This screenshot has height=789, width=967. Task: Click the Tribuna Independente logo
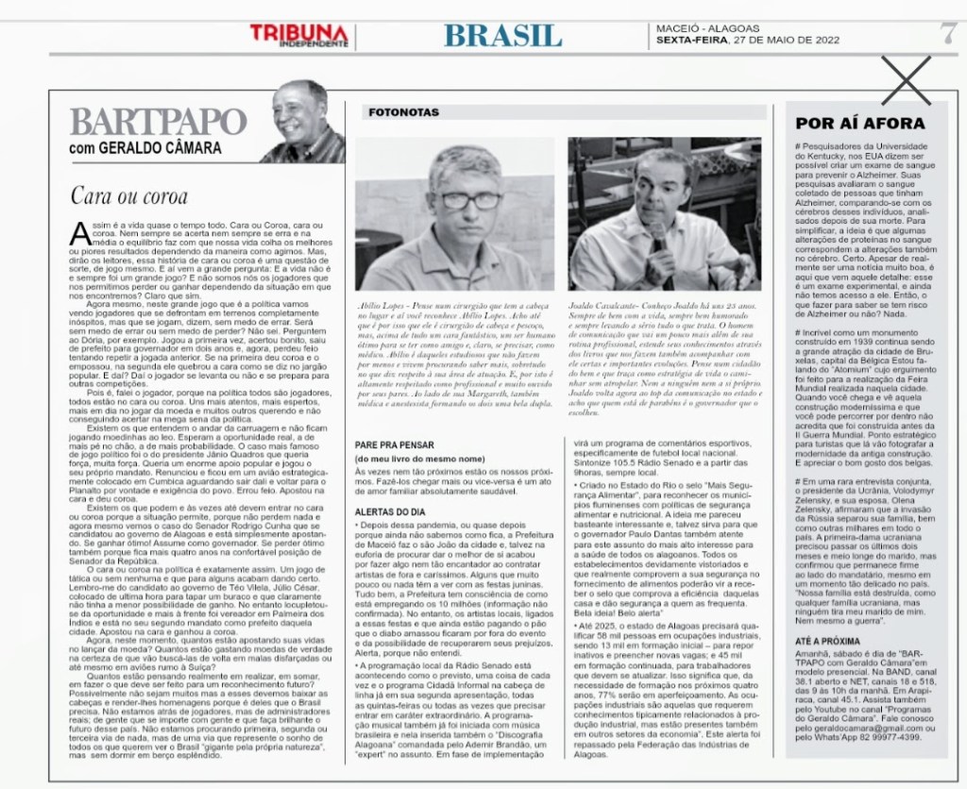point(299,35)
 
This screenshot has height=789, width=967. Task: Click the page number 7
point(947,31)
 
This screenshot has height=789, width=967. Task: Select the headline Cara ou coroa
point(130,196)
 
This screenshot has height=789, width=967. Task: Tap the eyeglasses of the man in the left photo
point(466,200)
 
